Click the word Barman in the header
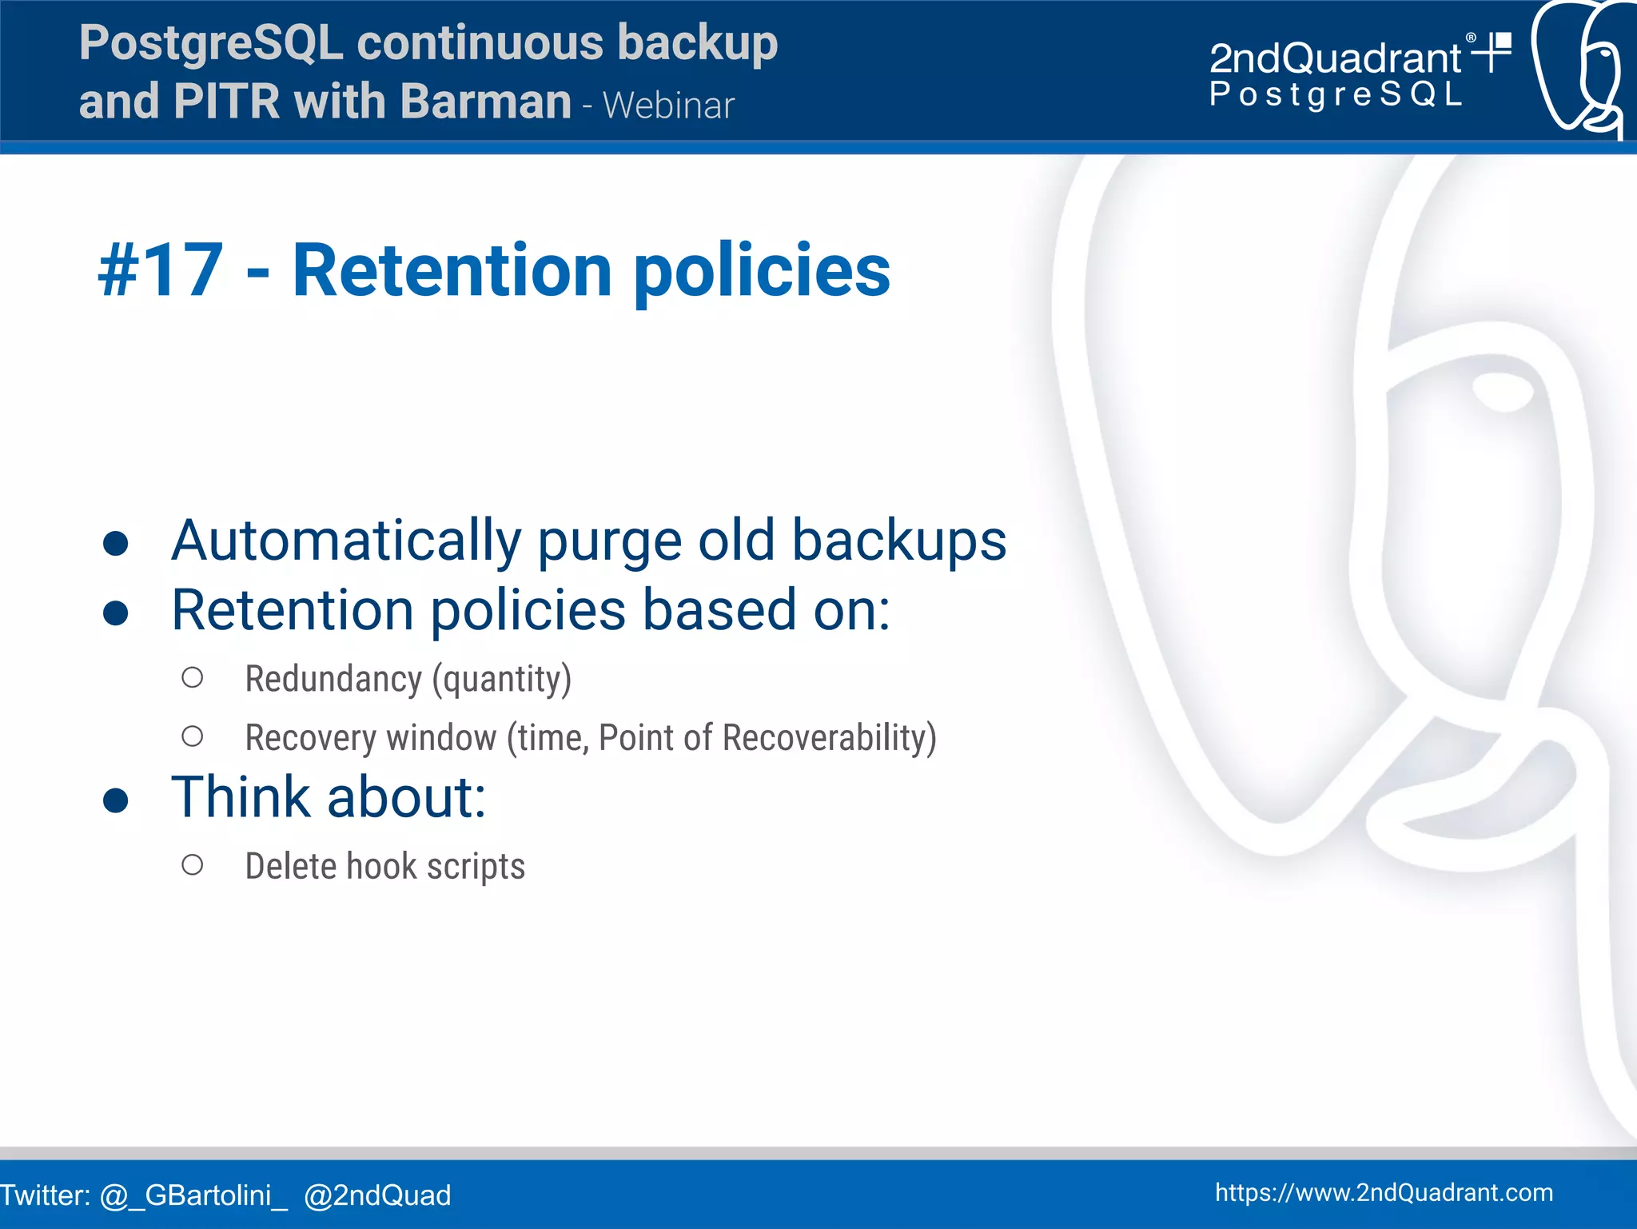484,102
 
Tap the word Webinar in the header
668,106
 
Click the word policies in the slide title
762,272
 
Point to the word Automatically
345,541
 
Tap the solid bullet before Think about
116,799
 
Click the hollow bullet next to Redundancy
192,678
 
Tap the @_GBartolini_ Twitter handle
193,1195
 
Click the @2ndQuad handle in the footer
377,1195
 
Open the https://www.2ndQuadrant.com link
1384,1192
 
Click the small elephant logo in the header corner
1579,68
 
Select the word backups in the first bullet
898,541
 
